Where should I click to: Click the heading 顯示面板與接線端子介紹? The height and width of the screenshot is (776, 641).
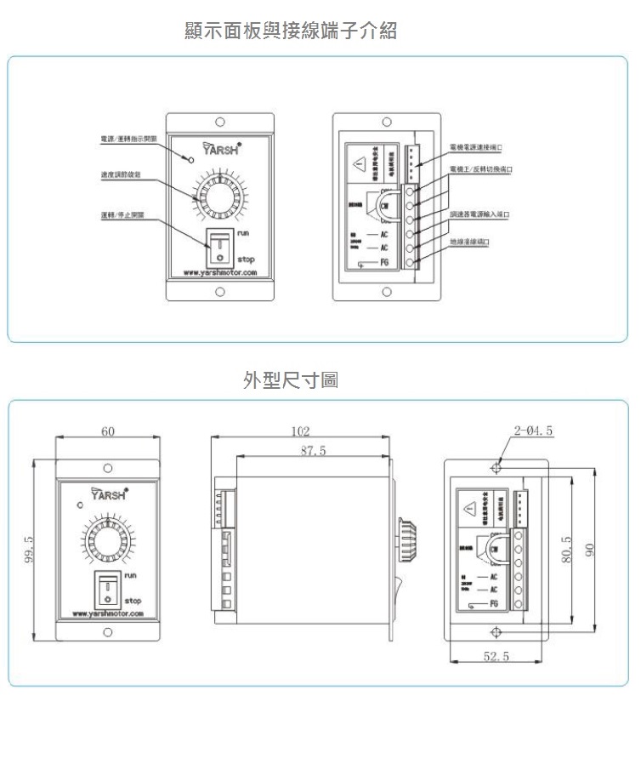(x=291, y=31)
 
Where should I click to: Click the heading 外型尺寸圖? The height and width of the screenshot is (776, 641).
(x=290, y=379)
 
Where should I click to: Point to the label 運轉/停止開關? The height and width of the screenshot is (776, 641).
(x=121, y=214)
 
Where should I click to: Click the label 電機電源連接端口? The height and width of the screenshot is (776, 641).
(x=481, y=146)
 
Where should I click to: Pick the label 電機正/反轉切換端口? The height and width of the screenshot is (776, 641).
(x=481, y=169)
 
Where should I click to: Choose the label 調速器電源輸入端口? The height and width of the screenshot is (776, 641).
(x=481, y=214)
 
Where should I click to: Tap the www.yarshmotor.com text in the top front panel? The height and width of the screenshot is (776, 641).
(x=220, y=273)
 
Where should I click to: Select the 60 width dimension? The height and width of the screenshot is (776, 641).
(x=108, y=431)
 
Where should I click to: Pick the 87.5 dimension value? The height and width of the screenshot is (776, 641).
(x=314, y=450)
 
